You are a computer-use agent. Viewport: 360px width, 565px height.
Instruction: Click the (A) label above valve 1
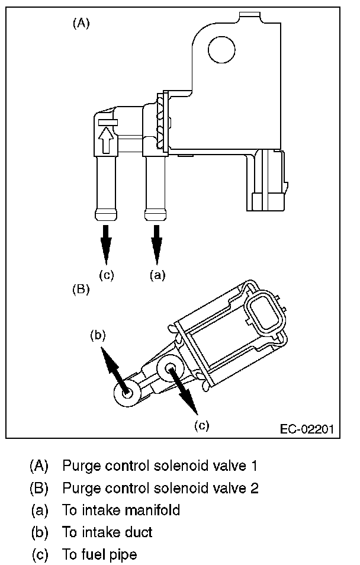(x=81, y=24)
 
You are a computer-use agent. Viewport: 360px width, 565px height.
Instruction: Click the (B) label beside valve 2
(x=81, y=290)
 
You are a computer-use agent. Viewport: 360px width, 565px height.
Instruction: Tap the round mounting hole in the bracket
(x=221, y=50)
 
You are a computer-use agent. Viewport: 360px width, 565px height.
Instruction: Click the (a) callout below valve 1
(x=157, y=275)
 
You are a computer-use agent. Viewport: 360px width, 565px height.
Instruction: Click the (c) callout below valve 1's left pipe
(x=107, y=275)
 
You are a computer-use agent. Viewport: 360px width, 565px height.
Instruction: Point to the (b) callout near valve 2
(x=98, y=335)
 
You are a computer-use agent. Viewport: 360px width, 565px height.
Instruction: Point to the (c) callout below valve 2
(x=202, y=426)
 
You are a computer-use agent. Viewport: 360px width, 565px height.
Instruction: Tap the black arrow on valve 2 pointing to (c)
(x=183, y=390)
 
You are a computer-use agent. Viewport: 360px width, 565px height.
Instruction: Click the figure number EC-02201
(x=307, y=429)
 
